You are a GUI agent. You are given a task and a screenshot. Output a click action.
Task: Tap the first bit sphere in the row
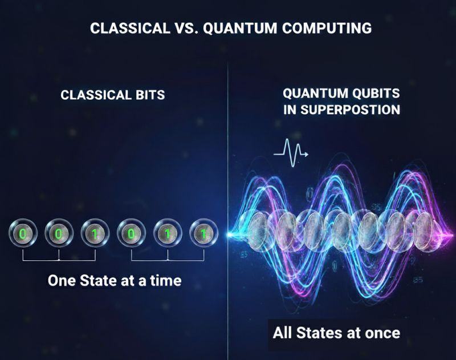23,233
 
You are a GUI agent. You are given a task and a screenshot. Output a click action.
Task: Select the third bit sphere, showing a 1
95,233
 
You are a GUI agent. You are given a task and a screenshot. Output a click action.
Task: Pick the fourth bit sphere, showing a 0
131,233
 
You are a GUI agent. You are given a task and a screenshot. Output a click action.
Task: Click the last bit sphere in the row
203,233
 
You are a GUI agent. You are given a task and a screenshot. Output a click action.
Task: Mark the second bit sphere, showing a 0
59,233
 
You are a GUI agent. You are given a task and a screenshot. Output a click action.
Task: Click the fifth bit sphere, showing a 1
168,233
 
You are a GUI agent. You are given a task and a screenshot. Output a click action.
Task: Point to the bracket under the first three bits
59,258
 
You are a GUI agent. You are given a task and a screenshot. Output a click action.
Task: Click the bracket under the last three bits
168,258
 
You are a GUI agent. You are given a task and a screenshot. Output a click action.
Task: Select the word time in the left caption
165,280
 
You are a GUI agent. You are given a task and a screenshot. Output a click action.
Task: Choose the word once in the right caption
381,332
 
